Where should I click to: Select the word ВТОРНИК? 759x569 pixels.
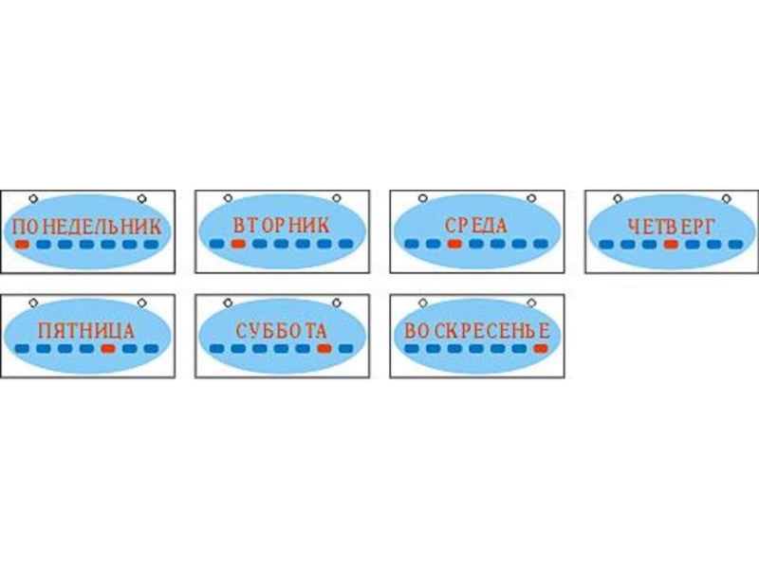[281, 226]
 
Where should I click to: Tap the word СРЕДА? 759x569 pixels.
[476, 227]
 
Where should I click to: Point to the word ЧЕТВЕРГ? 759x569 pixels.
[671, 227]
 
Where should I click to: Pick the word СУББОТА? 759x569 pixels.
[281, 331]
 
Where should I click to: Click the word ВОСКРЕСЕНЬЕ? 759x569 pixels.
[476, 331]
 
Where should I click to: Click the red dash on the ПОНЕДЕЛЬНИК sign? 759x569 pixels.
[23, 244]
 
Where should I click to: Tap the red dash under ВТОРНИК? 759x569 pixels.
[238, 244]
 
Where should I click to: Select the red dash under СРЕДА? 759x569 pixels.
[454, 244]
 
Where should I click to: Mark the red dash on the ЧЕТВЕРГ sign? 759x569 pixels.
[671, 244]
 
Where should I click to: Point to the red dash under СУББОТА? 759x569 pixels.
[324, 348]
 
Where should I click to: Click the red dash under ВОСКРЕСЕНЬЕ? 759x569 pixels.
[540, 348]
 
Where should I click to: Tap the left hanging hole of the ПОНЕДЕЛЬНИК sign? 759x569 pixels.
[33, 199]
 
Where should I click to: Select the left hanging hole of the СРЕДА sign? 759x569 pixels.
[422, 199]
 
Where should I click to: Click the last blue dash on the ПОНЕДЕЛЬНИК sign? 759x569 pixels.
[151, 244]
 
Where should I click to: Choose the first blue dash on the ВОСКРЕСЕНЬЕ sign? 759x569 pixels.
[412, 348]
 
